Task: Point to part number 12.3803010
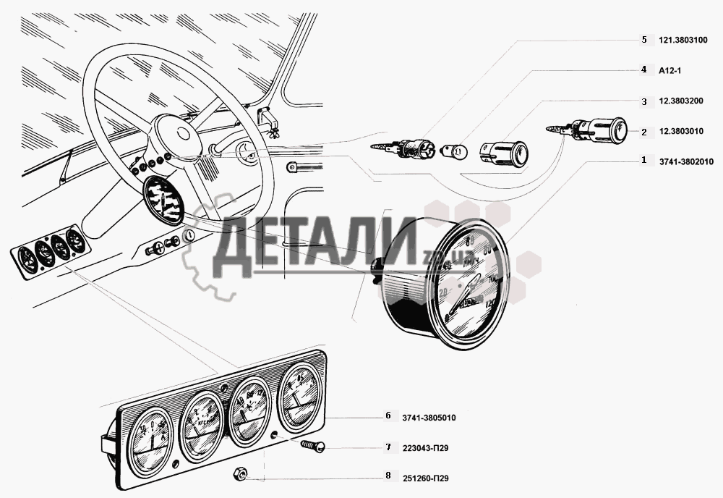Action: [x=683, y=132]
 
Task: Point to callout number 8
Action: [x=388, y=476]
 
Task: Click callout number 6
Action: [x=388, y=416]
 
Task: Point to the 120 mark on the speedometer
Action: [x=492, y=304]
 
